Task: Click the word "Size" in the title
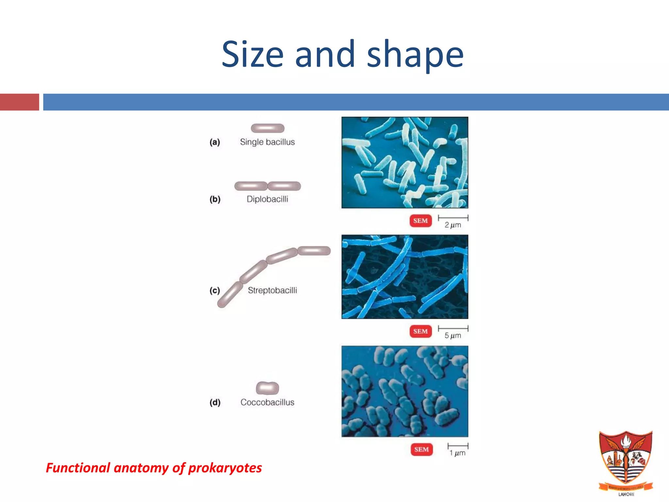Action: click(x=253, y=54)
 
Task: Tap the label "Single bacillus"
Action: click(x=267, y=142)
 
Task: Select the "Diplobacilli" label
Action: click(x=267, y=199)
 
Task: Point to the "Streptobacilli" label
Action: click(x=272, y=290)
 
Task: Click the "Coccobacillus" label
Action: click(x=267, y=402)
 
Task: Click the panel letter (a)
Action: click(x=215, y=142)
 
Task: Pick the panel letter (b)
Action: click(x=215, y=199)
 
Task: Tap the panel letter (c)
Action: click(x=215, y=290)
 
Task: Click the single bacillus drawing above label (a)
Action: click(x=268, y=128)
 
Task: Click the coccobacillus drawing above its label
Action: click(x=268, y=388)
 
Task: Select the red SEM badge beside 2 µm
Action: click(x=420, y=221)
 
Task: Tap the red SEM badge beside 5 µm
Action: click(x=420, y=331)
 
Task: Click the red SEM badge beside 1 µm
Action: click(x=421, y=449)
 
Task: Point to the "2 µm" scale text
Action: click(x=453, y=225)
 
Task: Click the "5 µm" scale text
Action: click(x=453, y=336)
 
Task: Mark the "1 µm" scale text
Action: click(x=457, y=453)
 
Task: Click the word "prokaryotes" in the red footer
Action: click(x=225, y=468)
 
